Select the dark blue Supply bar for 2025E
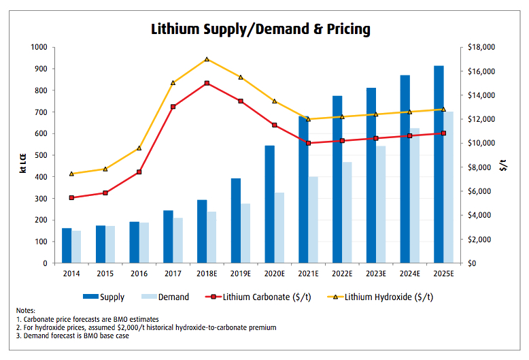click(x=439, y=164)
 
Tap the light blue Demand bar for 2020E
click(x=279, y=227)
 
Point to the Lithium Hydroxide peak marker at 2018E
click(x=207, y=59)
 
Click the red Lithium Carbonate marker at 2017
click(x=173, y=107)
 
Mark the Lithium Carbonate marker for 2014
click(x=71, y=197)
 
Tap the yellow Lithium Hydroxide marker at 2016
click(x=139, y=148)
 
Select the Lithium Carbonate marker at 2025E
click(x=443, y=133)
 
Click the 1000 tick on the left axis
click(x=38, y=48)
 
